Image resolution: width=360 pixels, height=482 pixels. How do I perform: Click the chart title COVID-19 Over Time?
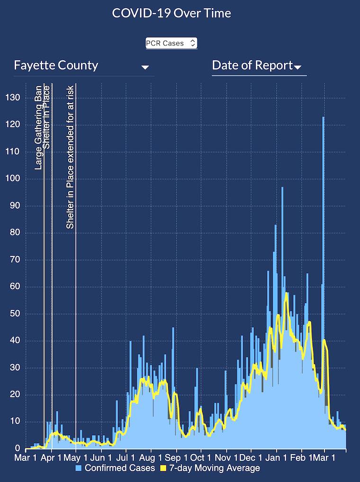[x=171, y=13]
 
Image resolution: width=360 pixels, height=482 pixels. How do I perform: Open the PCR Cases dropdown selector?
[x=171, y=43]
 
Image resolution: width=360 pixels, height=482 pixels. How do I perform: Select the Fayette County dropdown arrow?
[x=145, y=67]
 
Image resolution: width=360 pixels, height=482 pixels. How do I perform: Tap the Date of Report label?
[x=252, y=65]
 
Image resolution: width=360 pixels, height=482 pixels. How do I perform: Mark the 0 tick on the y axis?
[x=18, y=448]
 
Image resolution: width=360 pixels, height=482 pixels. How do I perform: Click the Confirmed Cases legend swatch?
[x=79, y=468]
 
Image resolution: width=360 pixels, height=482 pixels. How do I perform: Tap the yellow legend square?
[x=164, y=468]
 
